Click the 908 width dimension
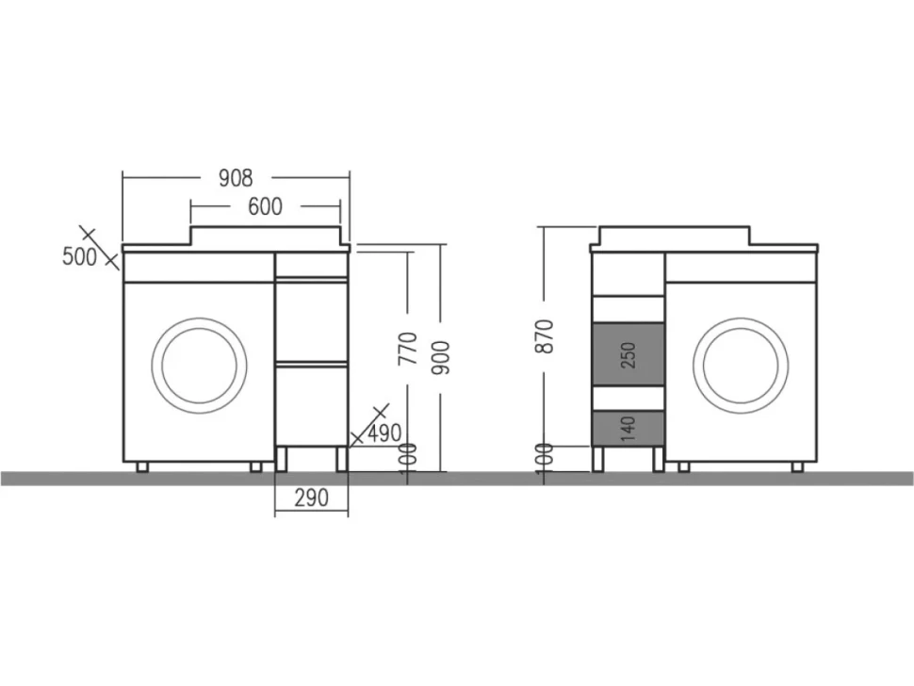coord(236,178)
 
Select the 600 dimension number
coord(265,206)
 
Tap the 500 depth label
coord(79,256)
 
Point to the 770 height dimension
coord(407,348)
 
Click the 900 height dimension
coord(441,357)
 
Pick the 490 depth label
coord(384,433)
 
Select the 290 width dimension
coord(311,498)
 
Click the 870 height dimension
coord(545,335)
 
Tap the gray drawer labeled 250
coord(628,354)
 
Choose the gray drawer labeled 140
coord(628,429)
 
